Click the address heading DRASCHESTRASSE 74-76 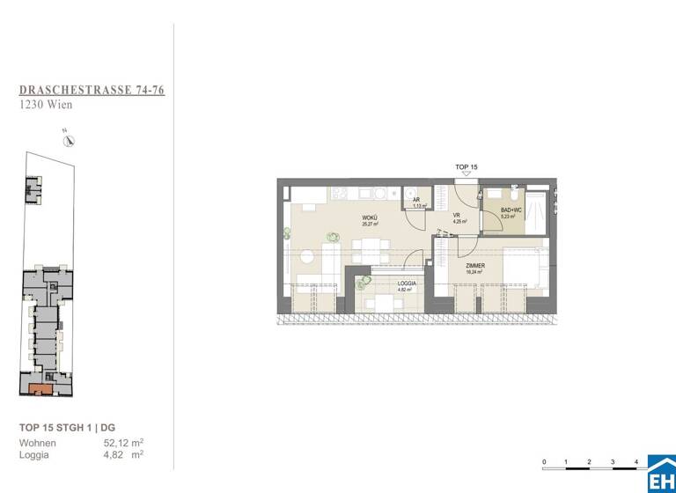click(x=92, y=90)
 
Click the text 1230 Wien click(x=46, y=105)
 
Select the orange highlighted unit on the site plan click(x=40, y=387)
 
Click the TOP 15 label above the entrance click(x=467, y=167)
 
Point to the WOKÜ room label click(x=370, y=218)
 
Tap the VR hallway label click(x=457, y=216)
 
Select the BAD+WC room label click(x=511, y=210)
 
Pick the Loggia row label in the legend click(x=34, y=455)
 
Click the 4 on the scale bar click(x=636, y=461)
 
